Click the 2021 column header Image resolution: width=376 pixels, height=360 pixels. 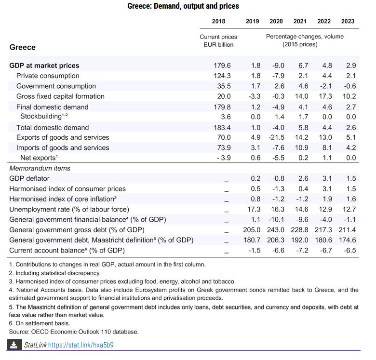[300, 21]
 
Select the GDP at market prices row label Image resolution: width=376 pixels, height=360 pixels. [44, 66]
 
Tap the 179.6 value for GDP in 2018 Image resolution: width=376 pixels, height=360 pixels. [222, 66]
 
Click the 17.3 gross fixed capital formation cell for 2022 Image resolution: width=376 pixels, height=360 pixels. [324, 96]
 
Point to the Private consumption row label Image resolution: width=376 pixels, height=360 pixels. [48, 76]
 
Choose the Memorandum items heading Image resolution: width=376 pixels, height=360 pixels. [40, 168]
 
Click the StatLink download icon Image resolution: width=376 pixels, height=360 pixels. [14, 345]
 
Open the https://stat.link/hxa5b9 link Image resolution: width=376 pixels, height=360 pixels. [81, 345]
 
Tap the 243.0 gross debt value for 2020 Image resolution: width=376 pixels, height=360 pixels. [276, 230]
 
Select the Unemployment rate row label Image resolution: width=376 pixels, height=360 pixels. [69, 209]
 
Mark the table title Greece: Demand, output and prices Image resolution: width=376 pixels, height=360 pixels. [183, 6]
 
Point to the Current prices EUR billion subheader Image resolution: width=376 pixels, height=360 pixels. [218, 40]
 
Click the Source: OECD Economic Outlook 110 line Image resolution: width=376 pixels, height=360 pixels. [74, 332]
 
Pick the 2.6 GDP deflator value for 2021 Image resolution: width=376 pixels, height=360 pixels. [300, 179]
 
